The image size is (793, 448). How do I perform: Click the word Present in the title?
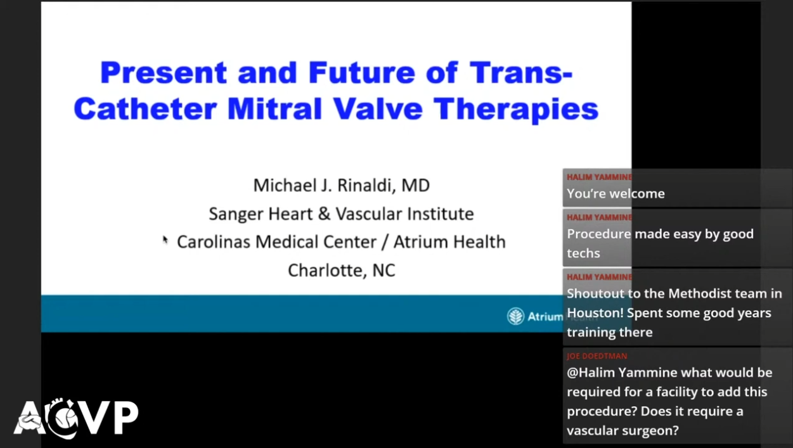164,72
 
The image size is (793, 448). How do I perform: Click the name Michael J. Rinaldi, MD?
341,185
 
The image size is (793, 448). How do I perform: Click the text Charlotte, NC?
341,270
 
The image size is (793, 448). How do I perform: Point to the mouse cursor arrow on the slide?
165,240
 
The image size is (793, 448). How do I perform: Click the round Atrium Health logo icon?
515,316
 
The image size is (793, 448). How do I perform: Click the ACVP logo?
76,418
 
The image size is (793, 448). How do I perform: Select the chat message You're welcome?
616,194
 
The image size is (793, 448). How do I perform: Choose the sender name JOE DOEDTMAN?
596,356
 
